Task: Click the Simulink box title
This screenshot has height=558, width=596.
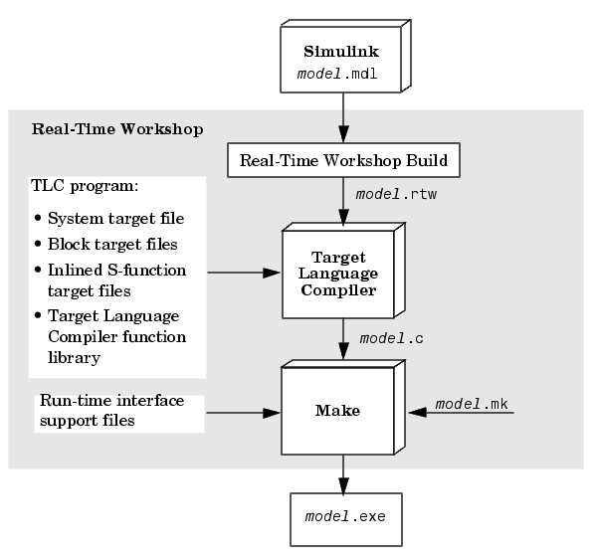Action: tap(341, 52)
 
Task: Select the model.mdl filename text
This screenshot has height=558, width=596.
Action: tap(337, 74)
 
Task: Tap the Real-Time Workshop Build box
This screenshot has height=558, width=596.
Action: tap(343, 160)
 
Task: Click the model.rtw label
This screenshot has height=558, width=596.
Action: tap(396, 195)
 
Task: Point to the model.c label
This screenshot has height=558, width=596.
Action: tap(391, 338)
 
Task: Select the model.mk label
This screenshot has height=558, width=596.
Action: tap(472, 404)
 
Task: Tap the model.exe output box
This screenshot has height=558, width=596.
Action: tap(346, 519)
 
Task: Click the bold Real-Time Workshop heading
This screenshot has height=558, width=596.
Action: tap(117, 129)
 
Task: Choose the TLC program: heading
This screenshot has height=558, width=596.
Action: tap(85, 186)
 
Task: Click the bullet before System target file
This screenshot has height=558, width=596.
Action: tap(38, 218)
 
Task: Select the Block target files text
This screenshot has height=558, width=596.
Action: tap(112, 245)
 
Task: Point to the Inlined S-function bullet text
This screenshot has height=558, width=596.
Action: tap(117, 280)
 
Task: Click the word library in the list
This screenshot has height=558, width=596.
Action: tap(74, 358)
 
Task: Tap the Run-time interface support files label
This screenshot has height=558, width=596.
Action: tap(111, 411)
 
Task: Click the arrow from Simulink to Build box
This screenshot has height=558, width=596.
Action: tap(343, 117)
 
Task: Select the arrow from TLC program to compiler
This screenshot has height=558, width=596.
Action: tap(244, 273)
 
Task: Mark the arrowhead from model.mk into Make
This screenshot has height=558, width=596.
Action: tap(417, 412)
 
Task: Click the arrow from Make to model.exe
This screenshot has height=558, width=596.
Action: tap(343, 474)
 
